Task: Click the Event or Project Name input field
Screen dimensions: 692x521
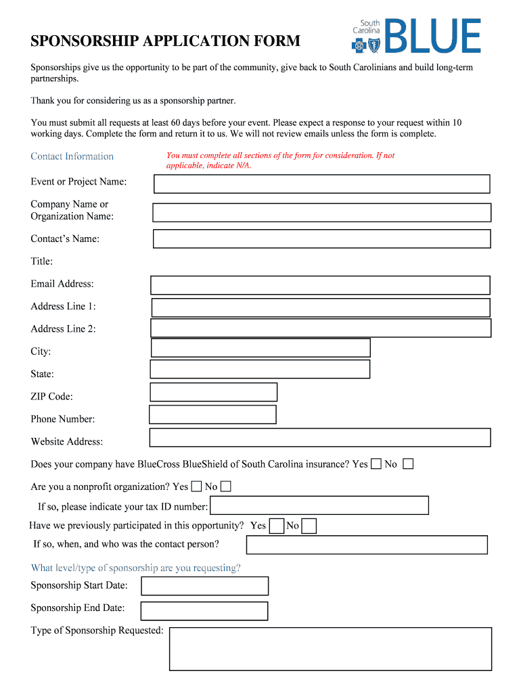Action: coord(321,184)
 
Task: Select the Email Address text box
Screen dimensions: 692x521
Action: coord(320,285)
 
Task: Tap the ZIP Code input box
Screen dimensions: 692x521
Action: coord(213,392)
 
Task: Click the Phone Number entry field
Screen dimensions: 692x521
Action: coord(212,414)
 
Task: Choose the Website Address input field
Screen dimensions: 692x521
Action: coord(319,437)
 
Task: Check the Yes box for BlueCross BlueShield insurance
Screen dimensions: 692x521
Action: coord(376,464)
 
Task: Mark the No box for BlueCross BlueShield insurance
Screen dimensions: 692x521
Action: coord(408,464)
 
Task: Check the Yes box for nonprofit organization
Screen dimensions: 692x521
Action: coord(196,486)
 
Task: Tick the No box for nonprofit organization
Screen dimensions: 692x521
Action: coord(226,486)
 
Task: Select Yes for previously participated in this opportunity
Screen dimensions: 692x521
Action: coord(276,526)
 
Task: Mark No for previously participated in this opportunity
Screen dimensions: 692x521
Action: coord(309,526)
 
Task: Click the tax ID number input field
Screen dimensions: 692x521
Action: coord(319,505)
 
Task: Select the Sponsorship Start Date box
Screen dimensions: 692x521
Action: coord(204,586)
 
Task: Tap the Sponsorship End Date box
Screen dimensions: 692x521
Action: coord(204,611)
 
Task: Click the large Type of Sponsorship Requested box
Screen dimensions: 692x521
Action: coord(330,649)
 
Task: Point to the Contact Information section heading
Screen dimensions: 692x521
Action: coord(72,156)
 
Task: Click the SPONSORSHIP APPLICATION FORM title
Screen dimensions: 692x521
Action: coord(165,41)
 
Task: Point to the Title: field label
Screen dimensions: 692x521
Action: coord(42,262)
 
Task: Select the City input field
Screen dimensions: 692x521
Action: coord(260,347)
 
